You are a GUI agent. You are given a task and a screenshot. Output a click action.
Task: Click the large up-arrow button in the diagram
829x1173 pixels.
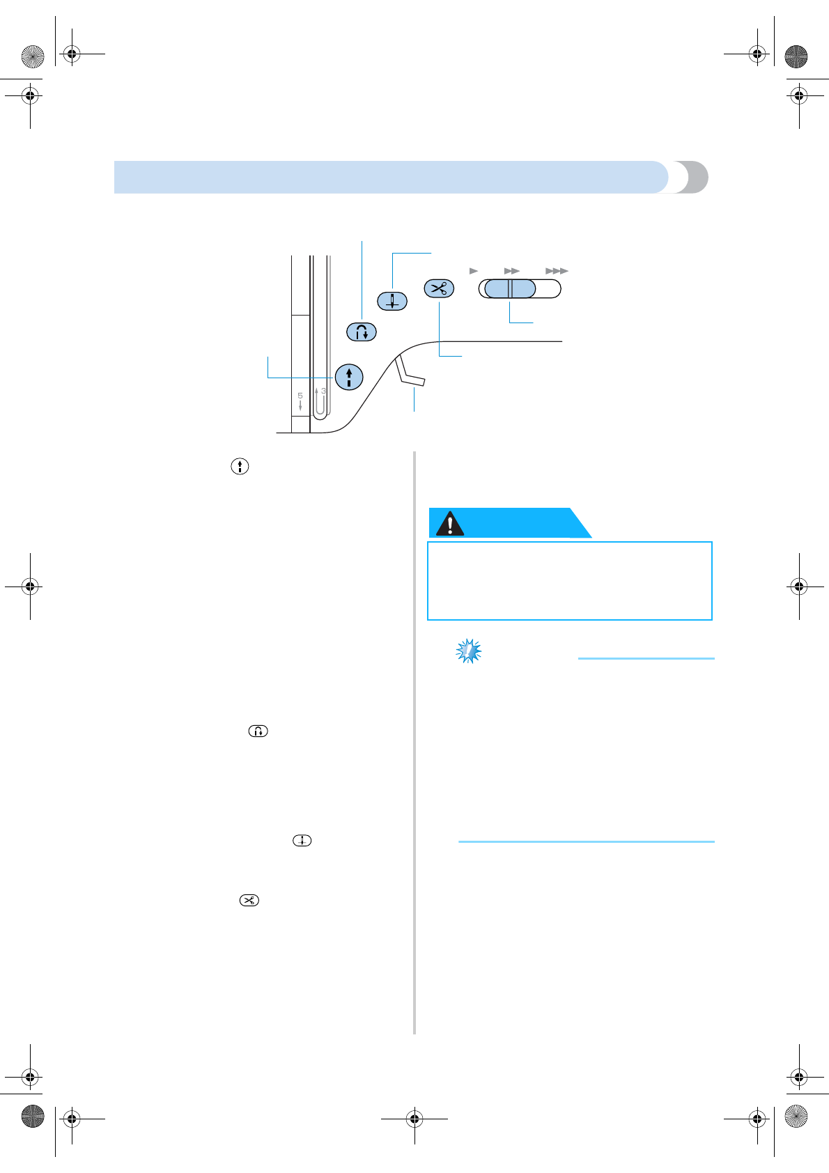(349, 377)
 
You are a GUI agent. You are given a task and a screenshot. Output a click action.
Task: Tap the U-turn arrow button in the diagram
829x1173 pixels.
(362, 332)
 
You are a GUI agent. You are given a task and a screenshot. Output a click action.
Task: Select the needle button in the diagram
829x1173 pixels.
(392, 301)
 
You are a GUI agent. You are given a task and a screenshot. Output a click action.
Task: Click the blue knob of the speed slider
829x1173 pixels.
(510, 288)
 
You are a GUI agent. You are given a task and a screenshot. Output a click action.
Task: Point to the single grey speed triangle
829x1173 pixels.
(474, 271)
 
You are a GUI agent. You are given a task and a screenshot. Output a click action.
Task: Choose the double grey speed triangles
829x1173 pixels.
(512, 271)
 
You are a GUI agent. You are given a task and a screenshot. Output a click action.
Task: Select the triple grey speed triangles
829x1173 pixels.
(557, 271)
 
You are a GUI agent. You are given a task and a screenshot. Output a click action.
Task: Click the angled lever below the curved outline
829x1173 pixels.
(410, 373)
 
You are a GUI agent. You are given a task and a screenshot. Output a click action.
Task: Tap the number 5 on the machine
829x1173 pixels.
(300, 396)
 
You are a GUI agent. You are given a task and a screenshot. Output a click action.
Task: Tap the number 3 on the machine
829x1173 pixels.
(324, 391)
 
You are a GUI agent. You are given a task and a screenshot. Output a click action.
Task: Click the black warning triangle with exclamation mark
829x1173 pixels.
(450, 524)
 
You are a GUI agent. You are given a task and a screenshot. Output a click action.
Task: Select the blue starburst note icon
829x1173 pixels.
(469, 651)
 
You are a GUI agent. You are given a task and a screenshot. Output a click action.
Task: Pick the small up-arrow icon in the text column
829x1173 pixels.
(240, 467)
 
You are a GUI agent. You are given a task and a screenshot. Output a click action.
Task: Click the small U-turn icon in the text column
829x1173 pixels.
(258, 731)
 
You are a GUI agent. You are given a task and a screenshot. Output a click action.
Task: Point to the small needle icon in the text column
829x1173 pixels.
(302, 841)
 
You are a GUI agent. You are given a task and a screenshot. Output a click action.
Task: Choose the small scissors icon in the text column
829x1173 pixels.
(249, 900)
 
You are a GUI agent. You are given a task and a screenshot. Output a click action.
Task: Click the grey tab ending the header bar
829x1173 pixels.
(693, 177)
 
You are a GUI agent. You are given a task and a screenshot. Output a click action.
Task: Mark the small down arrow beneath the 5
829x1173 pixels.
(300, 405)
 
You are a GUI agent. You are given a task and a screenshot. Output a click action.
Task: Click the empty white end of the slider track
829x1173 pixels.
(548, 288)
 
